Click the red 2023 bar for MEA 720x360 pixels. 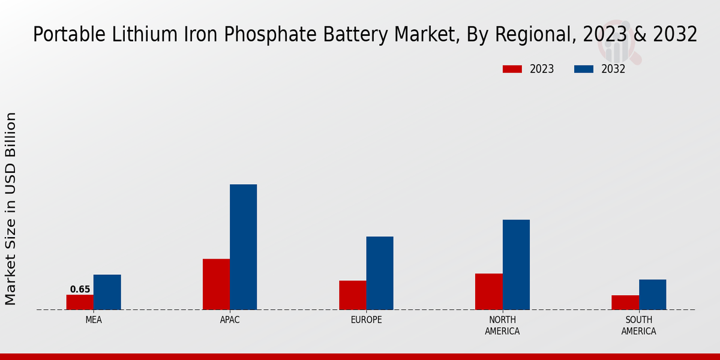coord(80,302)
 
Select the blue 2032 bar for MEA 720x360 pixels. coord(107,292)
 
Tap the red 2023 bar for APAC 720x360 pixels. coord(216,284)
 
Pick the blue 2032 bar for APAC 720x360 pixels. coord(243,247)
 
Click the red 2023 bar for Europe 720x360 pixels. coord(352,295)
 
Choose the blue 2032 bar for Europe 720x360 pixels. coord(380,273)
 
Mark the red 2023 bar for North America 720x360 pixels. coord(488,292)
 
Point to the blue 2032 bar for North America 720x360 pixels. coord(516,265)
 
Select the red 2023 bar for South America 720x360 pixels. coord(625,302)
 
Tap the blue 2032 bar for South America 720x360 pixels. coord(652,295)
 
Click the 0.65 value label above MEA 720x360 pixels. coord(80,289)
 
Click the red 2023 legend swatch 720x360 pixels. coord(512,69)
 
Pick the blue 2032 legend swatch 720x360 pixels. coord(583,69)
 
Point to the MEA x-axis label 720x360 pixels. coord(94,320)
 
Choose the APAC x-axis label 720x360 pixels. coord(230,320)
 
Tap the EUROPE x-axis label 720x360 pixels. coord(366,320)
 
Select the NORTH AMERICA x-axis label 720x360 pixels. coord(502,325)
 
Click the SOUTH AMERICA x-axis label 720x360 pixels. coord(638,325)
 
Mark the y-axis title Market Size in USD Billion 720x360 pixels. coord(11,208)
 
